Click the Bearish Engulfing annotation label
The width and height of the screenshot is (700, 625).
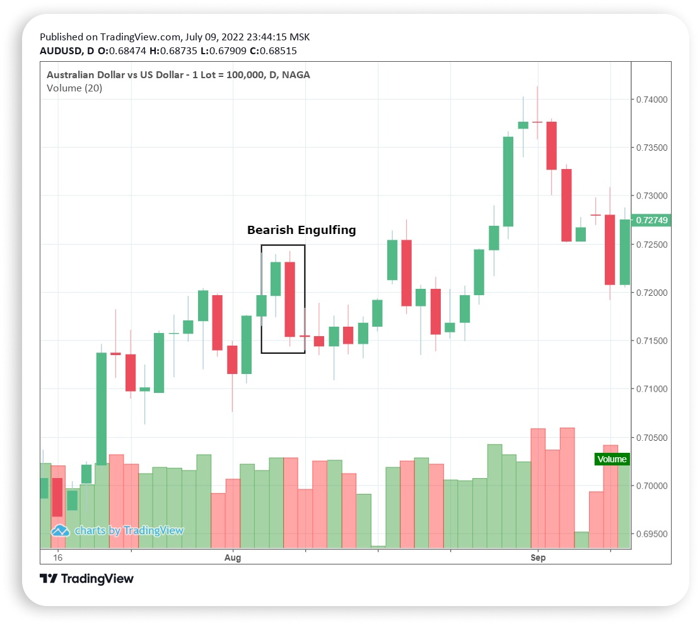301,230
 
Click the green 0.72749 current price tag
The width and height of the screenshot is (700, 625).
653,220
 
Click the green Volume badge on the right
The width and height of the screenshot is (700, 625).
612,459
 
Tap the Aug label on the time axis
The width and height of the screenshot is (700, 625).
233,558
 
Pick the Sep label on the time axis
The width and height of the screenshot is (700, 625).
538,558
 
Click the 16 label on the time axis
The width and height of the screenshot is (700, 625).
58,558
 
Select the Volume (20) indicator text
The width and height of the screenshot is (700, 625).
74,88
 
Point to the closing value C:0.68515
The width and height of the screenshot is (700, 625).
274,51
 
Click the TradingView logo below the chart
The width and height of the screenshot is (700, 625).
87,578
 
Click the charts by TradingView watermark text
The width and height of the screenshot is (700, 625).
129,530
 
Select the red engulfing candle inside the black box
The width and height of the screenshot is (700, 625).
290,299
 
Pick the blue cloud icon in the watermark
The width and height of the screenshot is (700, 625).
60,530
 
